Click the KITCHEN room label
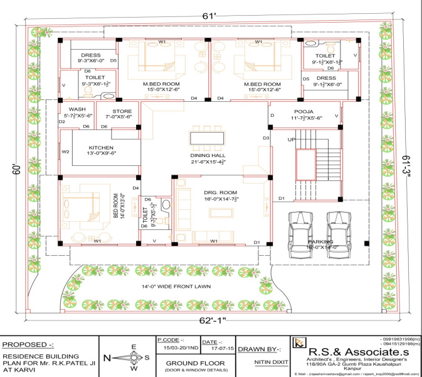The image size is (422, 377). point(88,148)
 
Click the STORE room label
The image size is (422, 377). point(122,111)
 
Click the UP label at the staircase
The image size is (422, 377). point(291,139)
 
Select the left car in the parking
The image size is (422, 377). point(298,231)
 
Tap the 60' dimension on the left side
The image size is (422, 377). point(16,170)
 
